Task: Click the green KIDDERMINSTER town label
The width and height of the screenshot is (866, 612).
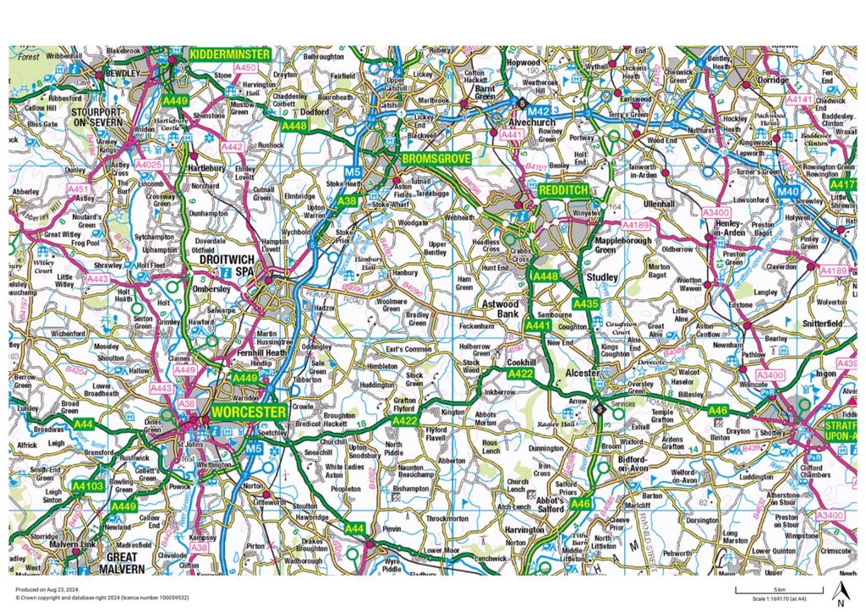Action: click(229, 54)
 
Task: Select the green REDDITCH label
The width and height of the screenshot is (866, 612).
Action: click(566, 192)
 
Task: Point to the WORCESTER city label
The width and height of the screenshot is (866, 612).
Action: click(249, 411)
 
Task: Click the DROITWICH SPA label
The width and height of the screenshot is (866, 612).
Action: click(227, 267)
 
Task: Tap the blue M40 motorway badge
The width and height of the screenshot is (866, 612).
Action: click(787, 192)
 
